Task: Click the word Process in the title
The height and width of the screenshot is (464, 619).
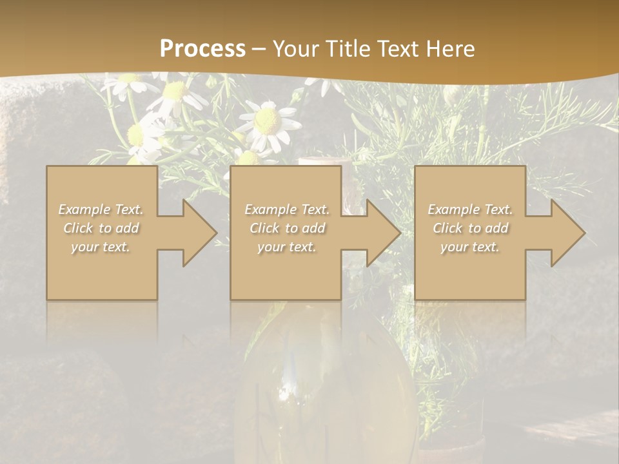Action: [202, 48]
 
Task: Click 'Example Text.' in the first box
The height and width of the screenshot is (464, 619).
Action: [101, 209]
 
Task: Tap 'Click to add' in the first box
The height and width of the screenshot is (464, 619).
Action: [101, 228]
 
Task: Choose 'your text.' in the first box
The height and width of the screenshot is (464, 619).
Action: [101, 247]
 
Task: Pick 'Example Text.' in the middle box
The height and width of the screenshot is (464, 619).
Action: [287, 209]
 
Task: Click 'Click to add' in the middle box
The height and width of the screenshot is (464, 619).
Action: [287, 228]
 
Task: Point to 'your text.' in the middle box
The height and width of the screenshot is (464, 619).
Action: [287, 247]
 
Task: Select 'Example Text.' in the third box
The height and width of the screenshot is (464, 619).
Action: [470, 209]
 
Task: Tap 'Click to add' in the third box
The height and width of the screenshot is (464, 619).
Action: [470, 228]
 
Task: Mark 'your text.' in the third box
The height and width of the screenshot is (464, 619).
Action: [470, 247]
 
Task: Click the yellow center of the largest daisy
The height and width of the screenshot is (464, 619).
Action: [267, 120]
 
